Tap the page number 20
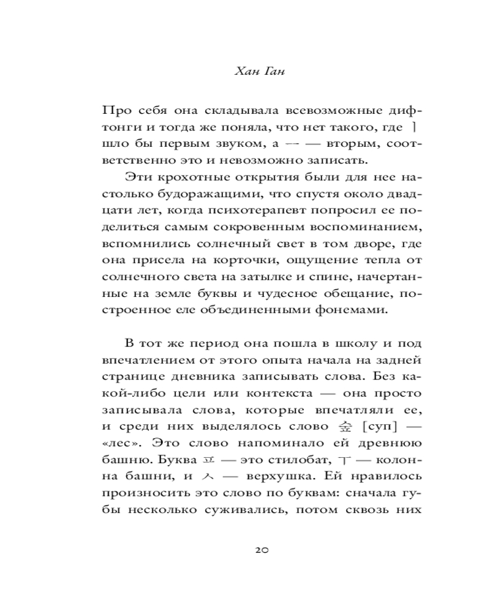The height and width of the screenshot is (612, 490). click(x=261, y=550)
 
